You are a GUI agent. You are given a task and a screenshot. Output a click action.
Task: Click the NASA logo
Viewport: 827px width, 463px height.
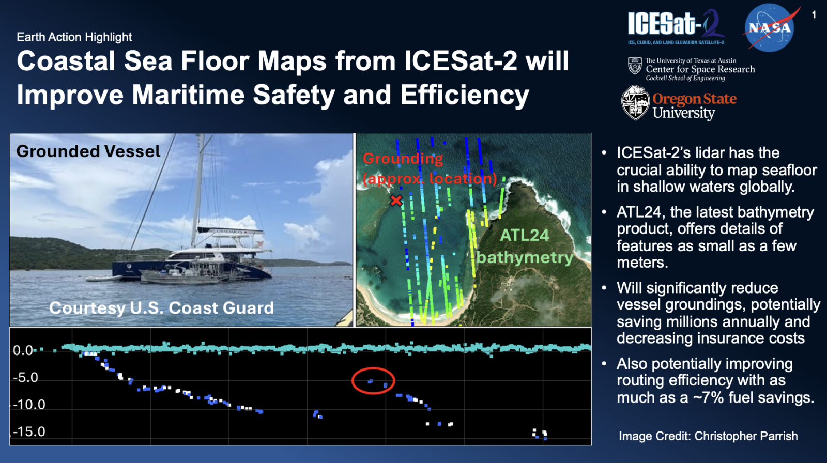tap(770, 28)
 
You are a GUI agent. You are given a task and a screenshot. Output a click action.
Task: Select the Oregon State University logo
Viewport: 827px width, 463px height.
tap(679, 103)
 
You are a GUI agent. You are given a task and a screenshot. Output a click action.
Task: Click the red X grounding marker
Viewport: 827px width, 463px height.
tap(396, 200)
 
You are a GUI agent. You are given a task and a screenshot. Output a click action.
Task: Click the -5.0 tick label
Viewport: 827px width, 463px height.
tap(25, 377)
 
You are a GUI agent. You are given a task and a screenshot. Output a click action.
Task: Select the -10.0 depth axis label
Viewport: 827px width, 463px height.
tap(29, 405)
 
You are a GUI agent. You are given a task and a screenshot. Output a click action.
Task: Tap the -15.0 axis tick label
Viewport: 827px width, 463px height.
tap(29, 431)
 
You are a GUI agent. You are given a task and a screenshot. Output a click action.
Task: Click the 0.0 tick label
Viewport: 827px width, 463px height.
tap(23, 350)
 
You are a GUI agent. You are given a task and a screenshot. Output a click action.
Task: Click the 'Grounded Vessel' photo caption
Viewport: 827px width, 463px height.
tap(88, 151)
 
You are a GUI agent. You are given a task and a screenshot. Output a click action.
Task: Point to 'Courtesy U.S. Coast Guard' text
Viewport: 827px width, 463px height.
tap(161, 308)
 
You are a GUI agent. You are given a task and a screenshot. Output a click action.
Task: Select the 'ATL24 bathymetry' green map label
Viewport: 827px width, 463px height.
tap(525, 246)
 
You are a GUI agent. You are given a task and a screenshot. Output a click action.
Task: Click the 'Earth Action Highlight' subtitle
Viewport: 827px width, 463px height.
tap(74, 37)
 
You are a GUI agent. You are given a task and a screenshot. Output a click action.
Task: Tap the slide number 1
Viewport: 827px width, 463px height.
tap(814, 15)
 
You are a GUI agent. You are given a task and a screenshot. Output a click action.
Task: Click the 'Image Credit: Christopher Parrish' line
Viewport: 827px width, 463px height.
tap(708, 436)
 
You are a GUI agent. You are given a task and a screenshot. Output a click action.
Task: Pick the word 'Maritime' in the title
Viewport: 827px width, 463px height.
tap(188, 95)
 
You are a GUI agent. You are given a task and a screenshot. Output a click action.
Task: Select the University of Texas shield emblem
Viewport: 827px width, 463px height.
tap(635, 66)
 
